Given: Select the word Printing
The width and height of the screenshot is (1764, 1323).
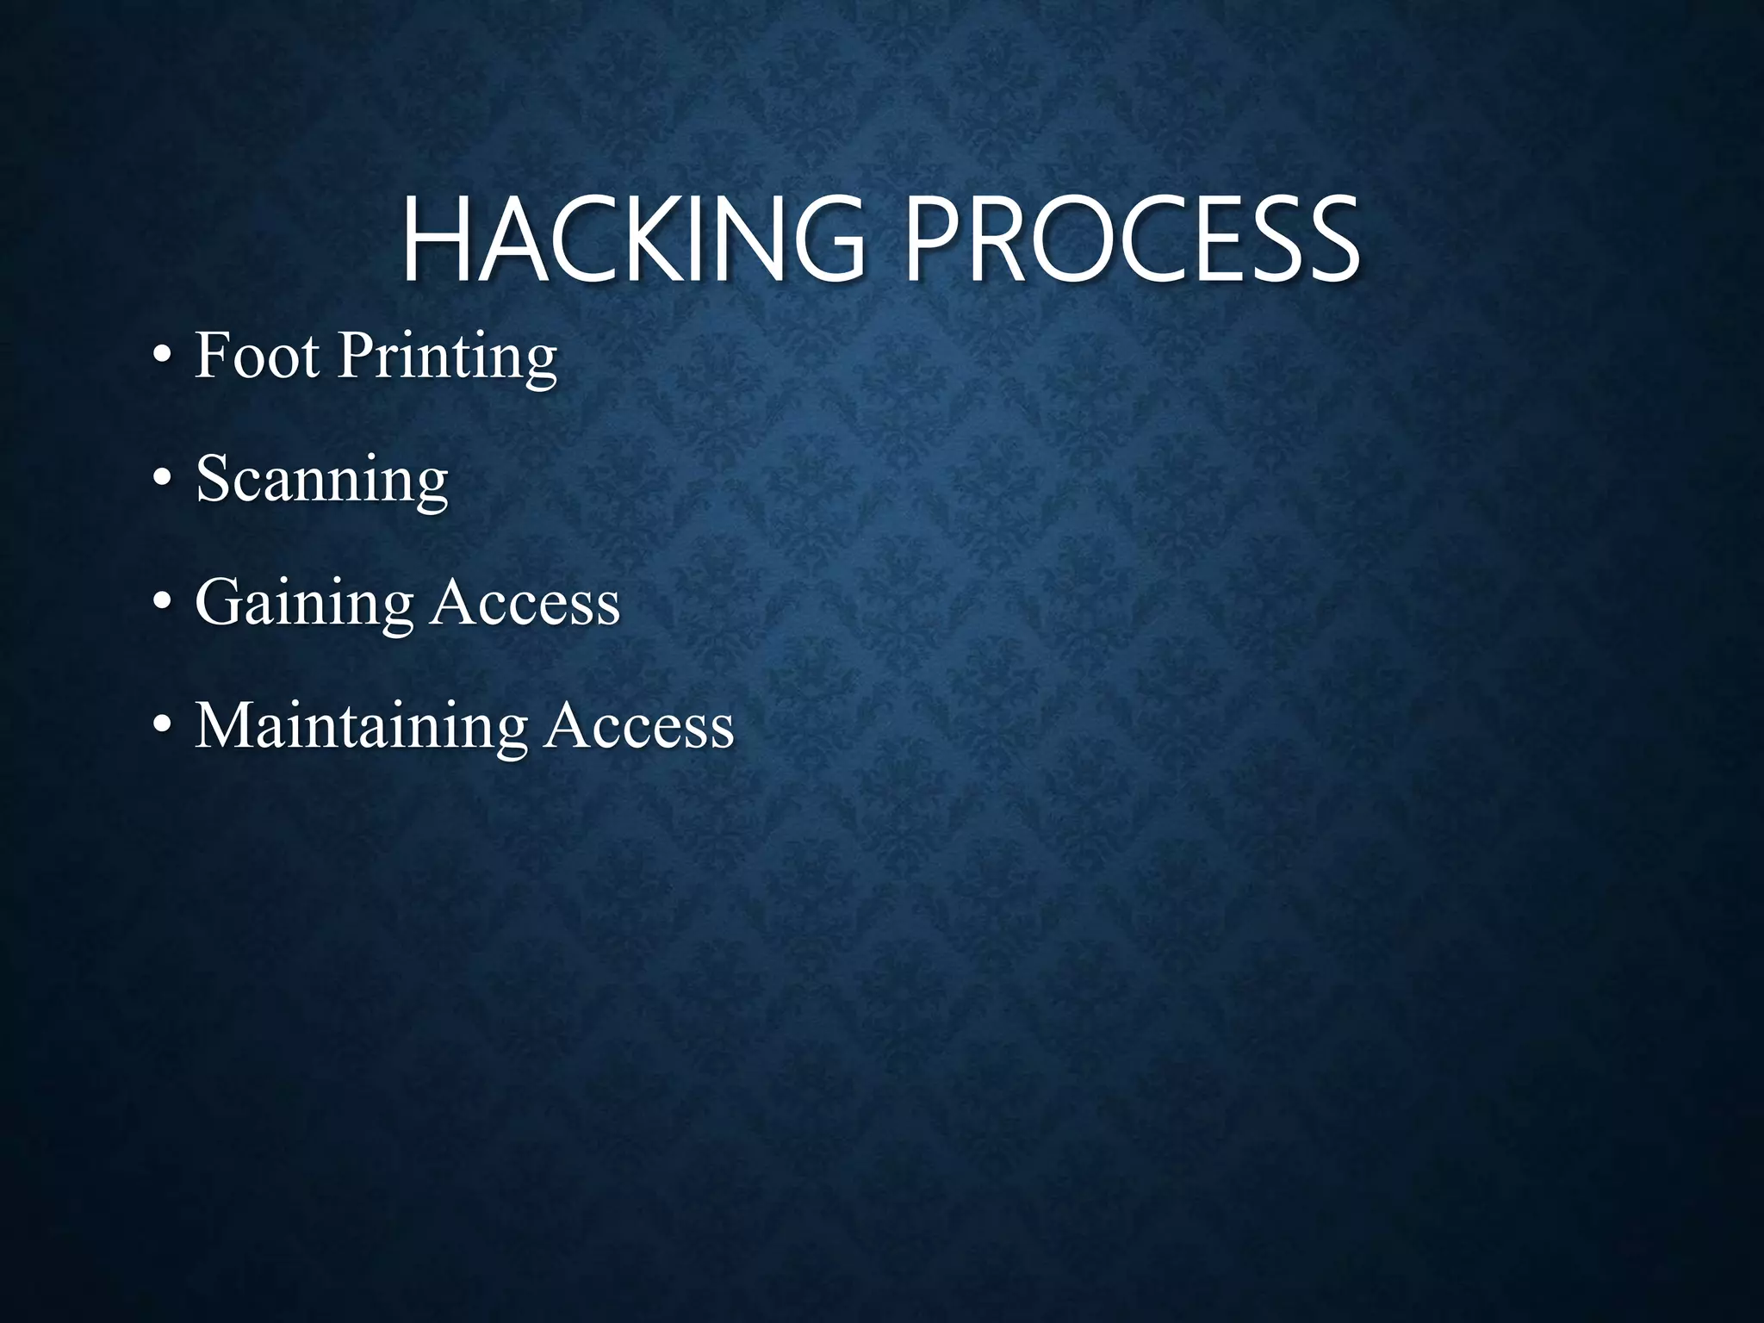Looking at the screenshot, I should pos(446,357).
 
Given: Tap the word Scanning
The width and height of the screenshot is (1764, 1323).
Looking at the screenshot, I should pos(322,481).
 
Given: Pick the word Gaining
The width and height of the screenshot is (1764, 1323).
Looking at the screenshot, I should pos(305,604).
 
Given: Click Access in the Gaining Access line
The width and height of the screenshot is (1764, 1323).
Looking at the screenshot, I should pos(525,602).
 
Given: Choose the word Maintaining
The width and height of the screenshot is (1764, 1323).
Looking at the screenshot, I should pos(360,727).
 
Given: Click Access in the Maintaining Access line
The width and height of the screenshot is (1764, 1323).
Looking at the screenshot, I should pos(639,725).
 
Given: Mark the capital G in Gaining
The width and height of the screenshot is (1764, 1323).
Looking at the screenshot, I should pos(220,602).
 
